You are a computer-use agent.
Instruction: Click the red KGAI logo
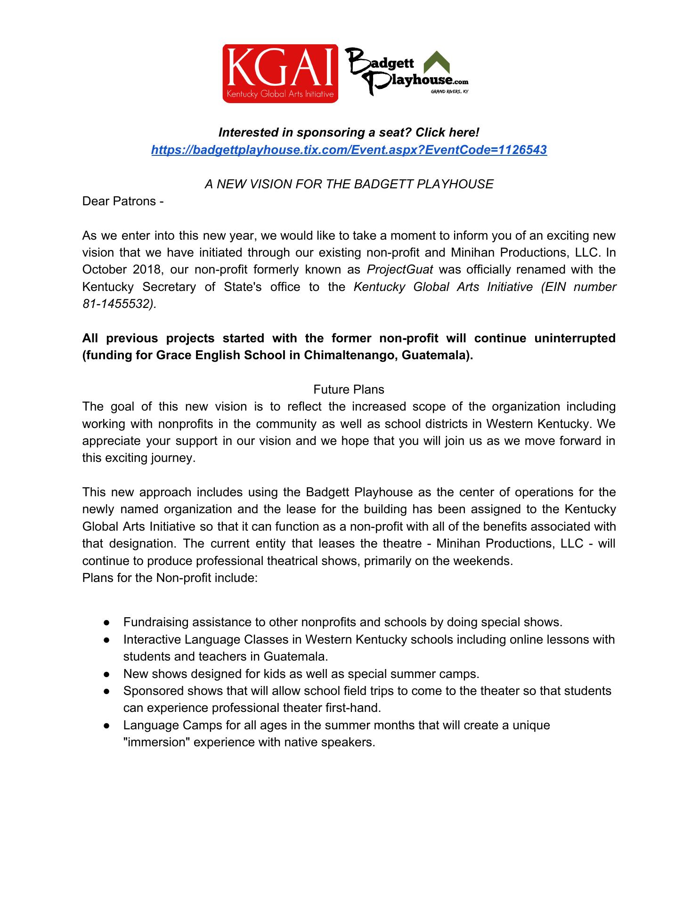click(x=280, y=73)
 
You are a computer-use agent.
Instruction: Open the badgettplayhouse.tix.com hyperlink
click(x=349, y=150)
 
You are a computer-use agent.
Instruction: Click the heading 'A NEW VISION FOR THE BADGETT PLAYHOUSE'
click(x=349, y=184)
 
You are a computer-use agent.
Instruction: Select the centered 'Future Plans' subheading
click(x=349, y=389)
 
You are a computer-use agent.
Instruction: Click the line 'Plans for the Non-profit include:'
click(x=170, y=578)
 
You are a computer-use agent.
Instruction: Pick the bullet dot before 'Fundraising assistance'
click(x=107, y=622)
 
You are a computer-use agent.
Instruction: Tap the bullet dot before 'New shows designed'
click(x=107, y=674)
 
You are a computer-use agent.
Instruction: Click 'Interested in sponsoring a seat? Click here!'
click(x=349, y=133)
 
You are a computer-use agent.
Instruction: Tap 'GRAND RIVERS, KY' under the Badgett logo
click(x=449, y=92)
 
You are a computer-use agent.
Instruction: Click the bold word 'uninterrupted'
click(x=575, y=338)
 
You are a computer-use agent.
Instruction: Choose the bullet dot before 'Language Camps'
click(x=107, y=725)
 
